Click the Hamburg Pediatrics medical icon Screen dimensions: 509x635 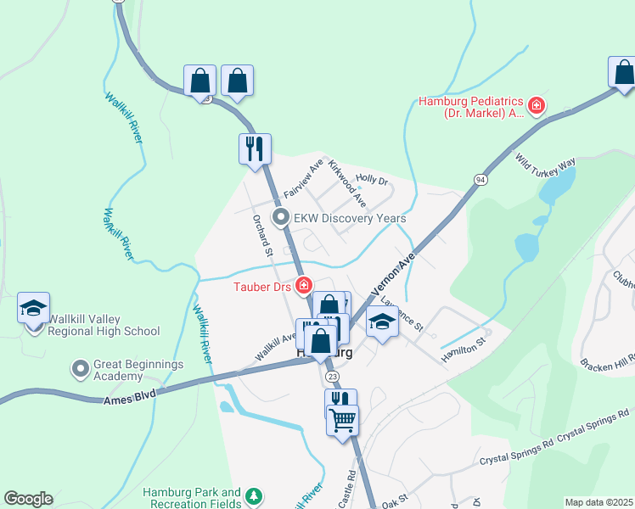click(536, 106)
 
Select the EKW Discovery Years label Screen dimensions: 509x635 click(349, 218)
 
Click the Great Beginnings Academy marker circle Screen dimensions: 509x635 click(81, 368)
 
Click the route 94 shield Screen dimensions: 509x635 click(480, 180)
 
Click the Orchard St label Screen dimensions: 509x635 click(261, 235)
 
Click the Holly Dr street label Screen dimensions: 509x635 click(371, 180)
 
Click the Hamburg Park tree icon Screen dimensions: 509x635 click(252, 495)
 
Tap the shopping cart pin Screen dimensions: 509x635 click(342, 419)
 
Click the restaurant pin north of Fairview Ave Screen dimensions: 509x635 click(255, 149)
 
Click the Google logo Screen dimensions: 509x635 click(28, 499)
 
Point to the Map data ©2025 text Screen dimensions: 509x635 click(598, 502)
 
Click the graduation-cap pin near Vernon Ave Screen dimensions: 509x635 click(383, 322)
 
